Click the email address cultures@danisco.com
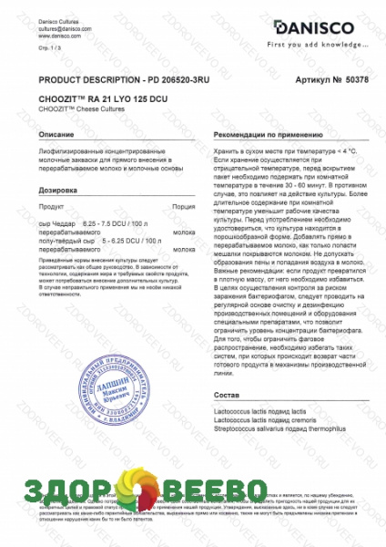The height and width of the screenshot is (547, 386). tap(66, 29)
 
